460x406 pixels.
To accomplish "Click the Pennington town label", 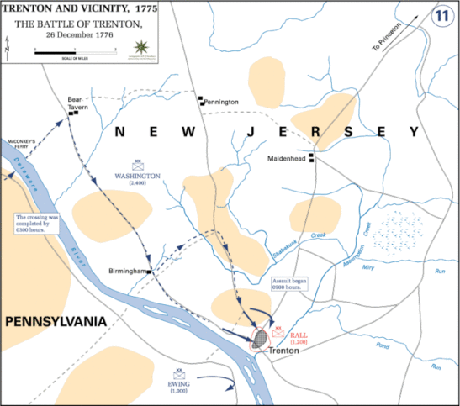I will [x=222, y=102].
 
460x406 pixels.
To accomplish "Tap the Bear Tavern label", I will [x=78, y=103].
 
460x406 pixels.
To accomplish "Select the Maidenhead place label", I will [x=287, y=158].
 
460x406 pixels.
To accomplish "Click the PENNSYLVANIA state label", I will [x=55, y=321].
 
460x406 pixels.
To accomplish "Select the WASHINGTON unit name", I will [x=138, y=176].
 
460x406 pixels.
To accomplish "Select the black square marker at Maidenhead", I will [x=311, y=157].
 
